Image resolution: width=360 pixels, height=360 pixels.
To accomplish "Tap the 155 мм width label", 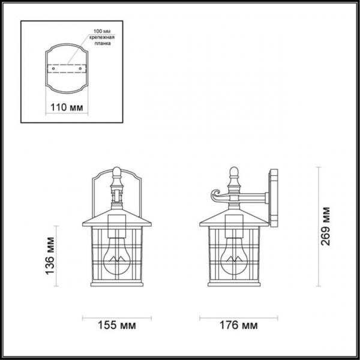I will tap(116, 326).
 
